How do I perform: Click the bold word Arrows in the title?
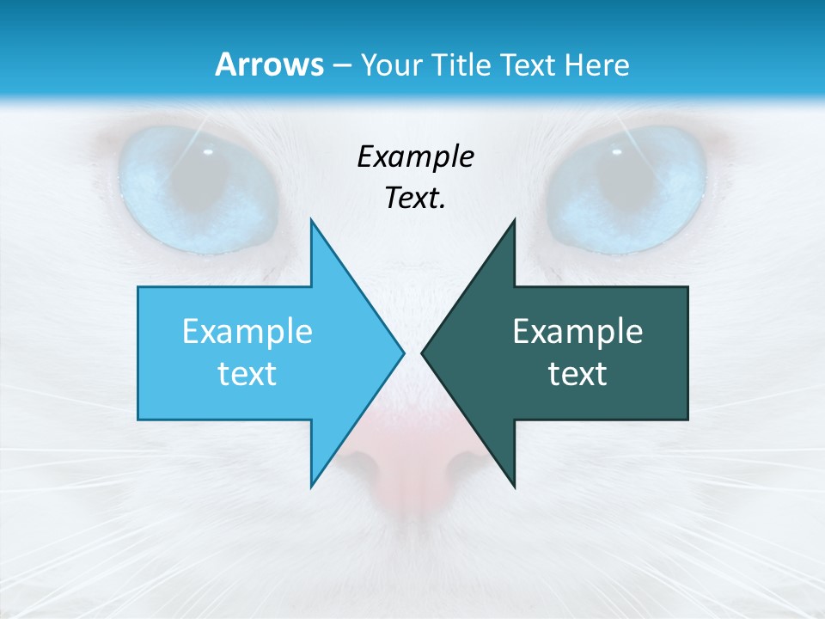[x=269, y=64]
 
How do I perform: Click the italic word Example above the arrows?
[x=415, y=156]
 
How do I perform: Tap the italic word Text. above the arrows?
[x=415, y=198]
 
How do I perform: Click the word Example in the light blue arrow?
[x=247, y=332]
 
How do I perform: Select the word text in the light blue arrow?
[x=247, y=373]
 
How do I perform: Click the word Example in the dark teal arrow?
[x=577, y=332]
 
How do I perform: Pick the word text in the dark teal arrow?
[x=577, y=373]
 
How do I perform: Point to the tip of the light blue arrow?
[x=402, y=352]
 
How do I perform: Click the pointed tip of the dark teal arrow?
[x=423, y=352]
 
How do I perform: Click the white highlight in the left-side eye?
[x=208, y=152]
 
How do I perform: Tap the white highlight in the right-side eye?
[x=616, y=152]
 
